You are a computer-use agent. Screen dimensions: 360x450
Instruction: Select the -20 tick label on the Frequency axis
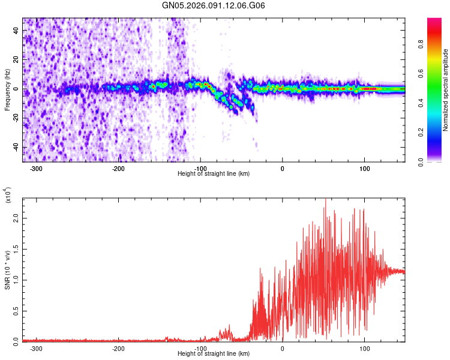[x=16, y=118]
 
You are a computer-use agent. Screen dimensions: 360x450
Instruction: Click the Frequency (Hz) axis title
[x=7, y=89]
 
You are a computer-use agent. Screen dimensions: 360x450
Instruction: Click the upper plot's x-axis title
[x=214, y=173]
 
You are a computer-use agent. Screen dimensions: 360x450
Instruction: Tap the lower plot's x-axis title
[x=214, y=353]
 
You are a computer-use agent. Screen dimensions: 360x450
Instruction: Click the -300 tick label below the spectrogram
[x=36, y=168]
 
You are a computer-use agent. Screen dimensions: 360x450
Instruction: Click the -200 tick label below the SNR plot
[x=118, y=348]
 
